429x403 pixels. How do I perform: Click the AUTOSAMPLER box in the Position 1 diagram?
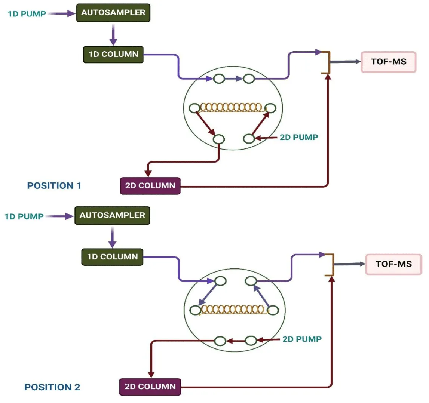(x=113, y=13)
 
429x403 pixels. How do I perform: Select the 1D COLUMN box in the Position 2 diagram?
(x=112, y=257)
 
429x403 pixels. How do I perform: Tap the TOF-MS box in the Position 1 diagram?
(x=388, y=62)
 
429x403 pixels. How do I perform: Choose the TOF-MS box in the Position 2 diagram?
(x=393, y=264)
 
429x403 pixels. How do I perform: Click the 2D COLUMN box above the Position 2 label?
(x=150, y=387)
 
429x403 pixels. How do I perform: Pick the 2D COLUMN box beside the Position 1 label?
(x=150, y=185)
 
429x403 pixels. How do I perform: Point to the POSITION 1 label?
(x=54, y=185)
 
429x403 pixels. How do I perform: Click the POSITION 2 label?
(x=52, y=387)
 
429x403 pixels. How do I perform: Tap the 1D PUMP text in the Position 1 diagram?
(x=27, y=14)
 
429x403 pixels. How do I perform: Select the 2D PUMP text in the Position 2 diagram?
(x=302, y=339)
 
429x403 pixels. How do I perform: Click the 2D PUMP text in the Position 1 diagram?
(x=299, y=137)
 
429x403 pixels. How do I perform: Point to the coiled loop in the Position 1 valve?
(x=231, y=108)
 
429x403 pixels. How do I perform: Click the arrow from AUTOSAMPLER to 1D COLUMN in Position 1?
(x=113, y=36)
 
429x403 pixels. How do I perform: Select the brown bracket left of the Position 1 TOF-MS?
(x=327, y=62)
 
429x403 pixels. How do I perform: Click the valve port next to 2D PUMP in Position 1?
(x=249, y=139)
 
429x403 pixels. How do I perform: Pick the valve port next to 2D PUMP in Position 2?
(x=251, y=341)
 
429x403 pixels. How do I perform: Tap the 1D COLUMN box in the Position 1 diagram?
(x=113, y=55)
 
